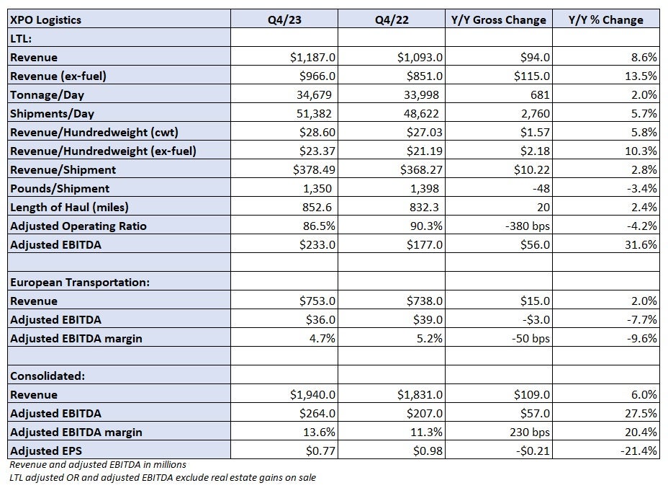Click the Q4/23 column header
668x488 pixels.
coord(284,19)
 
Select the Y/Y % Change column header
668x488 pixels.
coord(606,19)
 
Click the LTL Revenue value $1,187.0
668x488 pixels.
coord(312,57)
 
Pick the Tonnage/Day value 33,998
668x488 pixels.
coord(421,94)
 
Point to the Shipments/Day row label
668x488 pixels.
coord(52,113)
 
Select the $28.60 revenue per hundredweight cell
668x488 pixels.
coord(317,132)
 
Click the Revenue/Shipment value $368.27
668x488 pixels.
coord(421,170)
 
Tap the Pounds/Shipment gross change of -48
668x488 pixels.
coord(541,189)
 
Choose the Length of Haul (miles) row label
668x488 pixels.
coord(69,208)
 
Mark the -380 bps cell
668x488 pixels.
coord(528,226)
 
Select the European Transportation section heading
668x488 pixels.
coord(80,283)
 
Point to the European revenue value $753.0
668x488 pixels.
coord(317,301)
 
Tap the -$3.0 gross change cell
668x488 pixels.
coord(535,320)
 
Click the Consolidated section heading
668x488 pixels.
coord(48,376)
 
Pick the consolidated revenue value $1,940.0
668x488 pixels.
coord(312,394)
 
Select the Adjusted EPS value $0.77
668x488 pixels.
coord(320,451)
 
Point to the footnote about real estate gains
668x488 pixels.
coord(163,478)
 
